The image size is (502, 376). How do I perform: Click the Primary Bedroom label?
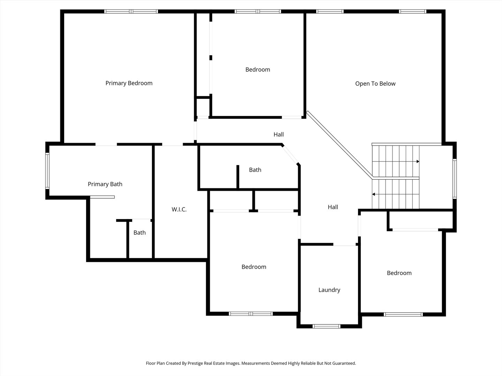click(x=129, y=83)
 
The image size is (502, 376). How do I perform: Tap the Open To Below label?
click(x=375, y=84)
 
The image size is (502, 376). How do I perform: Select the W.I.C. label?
click(x=179, y=210)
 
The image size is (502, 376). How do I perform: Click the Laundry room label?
click(x=329, y=290)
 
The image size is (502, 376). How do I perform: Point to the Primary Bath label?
click(x=105, y=184)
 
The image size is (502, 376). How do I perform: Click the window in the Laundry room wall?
click(x=326, y=326)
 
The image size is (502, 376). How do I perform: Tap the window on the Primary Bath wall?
click(x=47, y=171)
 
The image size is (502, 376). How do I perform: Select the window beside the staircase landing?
click(x=454, y=179)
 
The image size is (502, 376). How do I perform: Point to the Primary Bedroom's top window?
click(x=131, y=11)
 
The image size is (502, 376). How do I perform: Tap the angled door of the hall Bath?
click(x=290, y=155)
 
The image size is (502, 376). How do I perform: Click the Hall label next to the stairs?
click(x=333, y=207)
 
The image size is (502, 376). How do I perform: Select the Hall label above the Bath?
click(x=279, y=134)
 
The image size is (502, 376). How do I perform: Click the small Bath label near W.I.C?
click(x=139, y=233)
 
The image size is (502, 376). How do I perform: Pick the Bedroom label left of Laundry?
click(x=254, y=267)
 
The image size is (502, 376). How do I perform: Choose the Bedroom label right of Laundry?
click(x=399, y=273)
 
